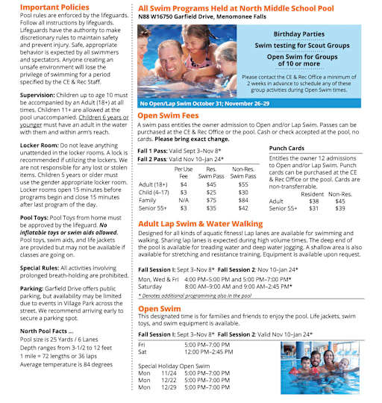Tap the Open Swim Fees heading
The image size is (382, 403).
pyautogui.click(x=170, y=116)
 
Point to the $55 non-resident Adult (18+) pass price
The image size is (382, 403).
pyautogui.click(x=243, y=184)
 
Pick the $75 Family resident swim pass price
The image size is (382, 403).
pyautogui.click(x=212, y=200)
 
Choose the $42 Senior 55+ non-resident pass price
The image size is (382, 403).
pyautogui.click(x=243, y=208)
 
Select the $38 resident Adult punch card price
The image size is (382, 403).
pyautogui.click(x=314, y=201)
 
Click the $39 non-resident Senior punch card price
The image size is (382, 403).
pyautogui.click(x=340, y=209)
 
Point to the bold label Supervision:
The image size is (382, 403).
pyautogui.click(x=37, y=96)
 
